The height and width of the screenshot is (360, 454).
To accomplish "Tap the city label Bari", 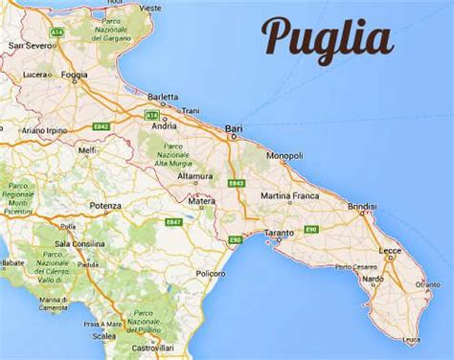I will (x=233, y=127).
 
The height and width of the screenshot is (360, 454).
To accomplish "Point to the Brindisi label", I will (x=363, y=207).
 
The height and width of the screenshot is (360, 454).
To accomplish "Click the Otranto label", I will (x=427, y=284).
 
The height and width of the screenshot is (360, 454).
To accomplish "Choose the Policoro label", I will (x=210, y=273).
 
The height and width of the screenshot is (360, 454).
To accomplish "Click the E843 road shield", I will (x=237, y=183).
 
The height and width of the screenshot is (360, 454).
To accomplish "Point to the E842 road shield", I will (x=102, y=125).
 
